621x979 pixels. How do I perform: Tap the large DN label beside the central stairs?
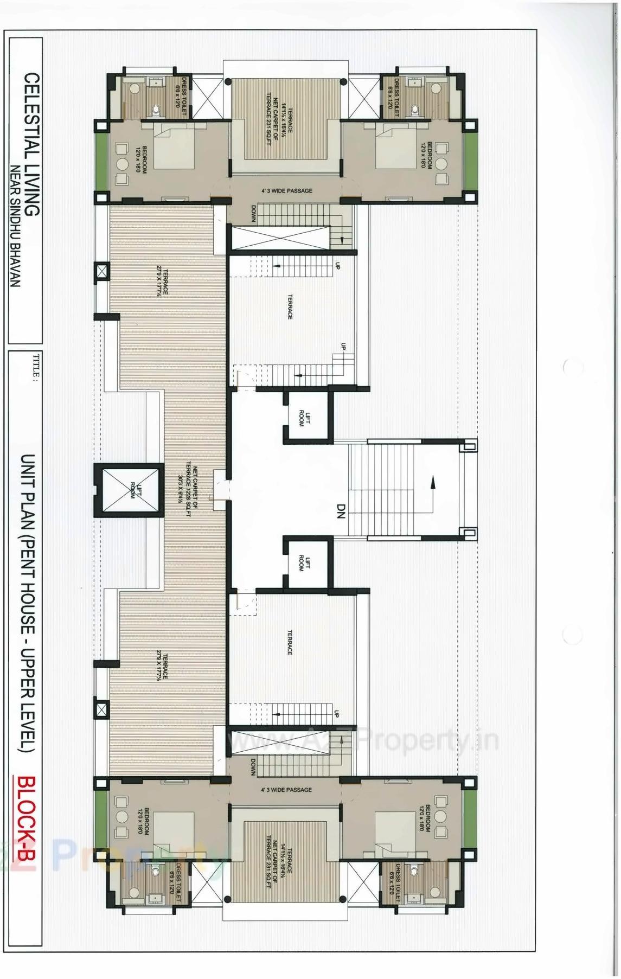click(341, 511)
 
